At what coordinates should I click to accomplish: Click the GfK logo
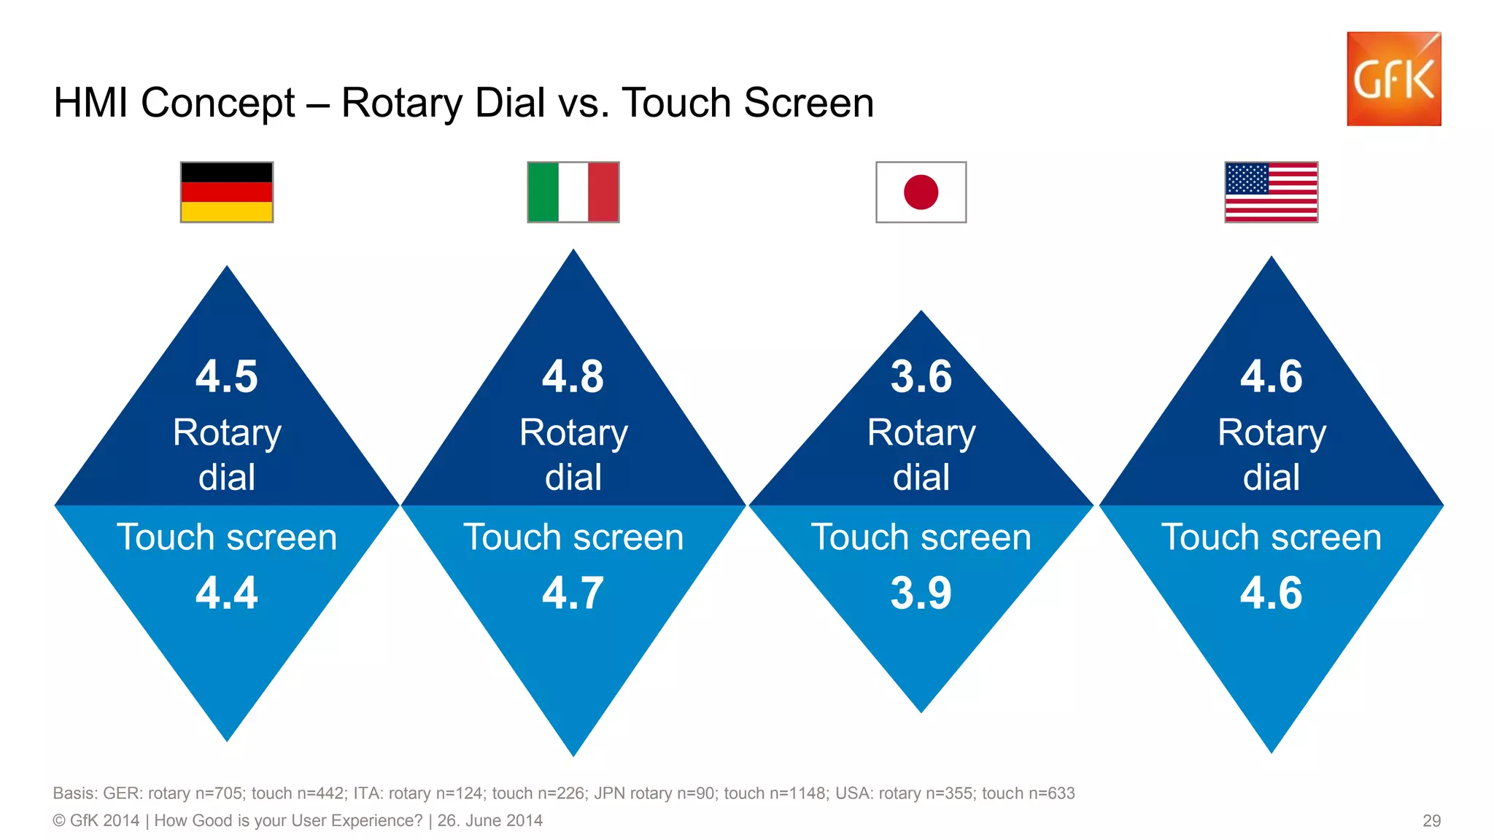pyautogui.click(x=1393, y=79)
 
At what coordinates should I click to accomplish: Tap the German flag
pyautogui.click(x=227, y=192)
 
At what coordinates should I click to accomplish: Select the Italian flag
pyautogui.click(x=573, y=192)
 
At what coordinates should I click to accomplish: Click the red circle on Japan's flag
pyautogui.click(x=921, y=192)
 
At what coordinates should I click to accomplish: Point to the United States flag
pyautogui.click(x=1271, y=192)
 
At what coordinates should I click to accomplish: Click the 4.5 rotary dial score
pyautogui.click(x=227, y=377)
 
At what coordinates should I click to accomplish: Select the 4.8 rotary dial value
pyautogui.click(x=573, y=377)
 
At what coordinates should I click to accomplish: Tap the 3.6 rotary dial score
pyautogui.click(x=921, y=377)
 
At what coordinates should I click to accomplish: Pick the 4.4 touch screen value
pyautogui.click(x=227, y=593)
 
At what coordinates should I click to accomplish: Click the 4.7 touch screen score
pyautogui.click(x=573, y=593)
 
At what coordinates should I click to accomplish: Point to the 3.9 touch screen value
pyautogui.click(x=921, y=593)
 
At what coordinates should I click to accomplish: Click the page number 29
pyautogui.click(x=1431, y=821)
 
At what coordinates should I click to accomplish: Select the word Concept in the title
pyautogui.click(x=217, y=103)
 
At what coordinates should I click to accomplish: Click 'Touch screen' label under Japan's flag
pyautogui.click(x=921, y=537)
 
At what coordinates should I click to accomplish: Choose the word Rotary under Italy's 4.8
pyautogui.click(x=573, y=433)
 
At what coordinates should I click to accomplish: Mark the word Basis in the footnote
pyautogui.click(x=74, y=793)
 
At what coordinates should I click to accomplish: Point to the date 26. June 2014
pyautogui.click(x=489, y=821)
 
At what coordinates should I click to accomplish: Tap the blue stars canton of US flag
pyautogui.click(x=1247, y=179)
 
